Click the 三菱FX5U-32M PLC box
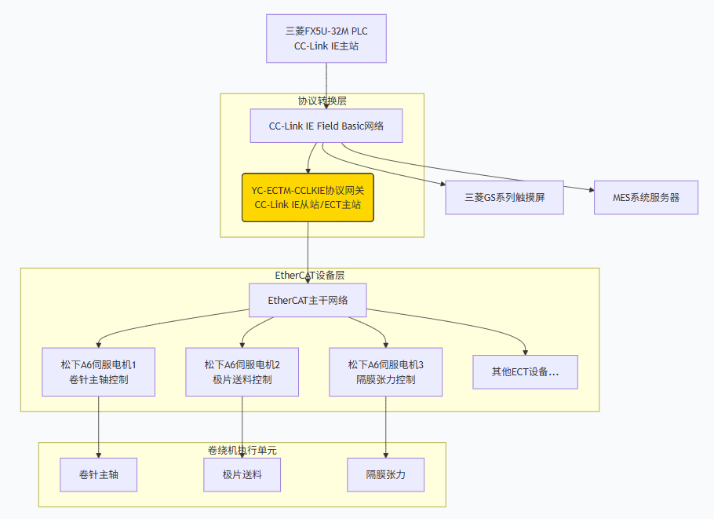point(326,38)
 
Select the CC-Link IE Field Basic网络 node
point(326,126)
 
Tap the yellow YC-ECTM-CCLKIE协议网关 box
point(308,198)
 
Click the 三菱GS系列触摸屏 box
point(505,198)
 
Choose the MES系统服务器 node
point(646,198)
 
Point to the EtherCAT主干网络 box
point(308,300)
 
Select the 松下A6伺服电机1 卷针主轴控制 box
point(99,372)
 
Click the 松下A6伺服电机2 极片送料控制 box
point(242,372)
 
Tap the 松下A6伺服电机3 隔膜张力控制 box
point(385,372)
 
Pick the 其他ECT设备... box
point(525,372)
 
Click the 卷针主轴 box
point(99,475)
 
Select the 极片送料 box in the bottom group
point(242,475)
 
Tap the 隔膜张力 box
point(385,475)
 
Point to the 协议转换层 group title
point(322,101)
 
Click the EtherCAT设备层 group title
point(310,276)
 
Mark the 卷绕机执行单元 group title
point(242,451)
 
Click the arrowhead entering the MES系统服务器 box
point(589,189)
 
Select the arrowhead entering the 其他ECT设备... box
point(525,352)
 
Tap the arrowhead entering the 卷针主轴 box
point(99,455)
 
